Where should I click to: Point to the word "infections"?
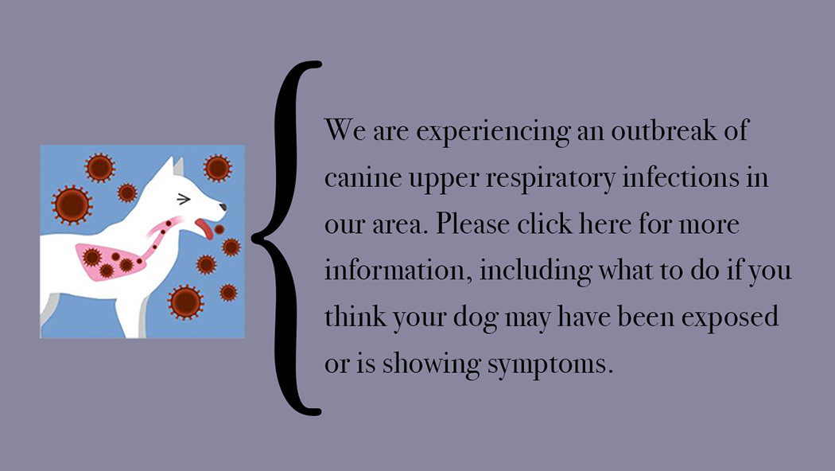point(681,177)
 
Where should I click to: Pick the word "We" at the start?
point(345,130)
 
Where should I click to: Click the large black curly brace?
point(286,238)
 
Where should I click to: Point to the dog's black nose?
point(223,207)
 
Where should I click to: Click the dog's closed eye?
point(184,199)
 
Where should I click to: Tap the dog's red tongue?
point(204,228)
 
